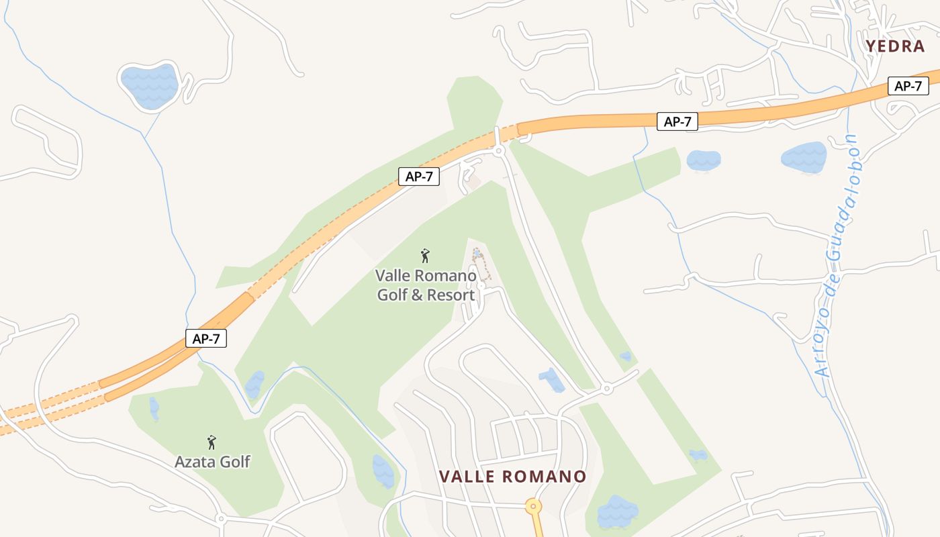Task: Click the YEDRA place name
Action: [895, 46]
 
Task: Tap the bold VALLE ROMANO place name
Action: [512, 477]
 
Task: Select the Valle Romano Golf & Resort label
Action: [426, 285]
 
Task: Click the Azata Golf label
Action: [212, 462]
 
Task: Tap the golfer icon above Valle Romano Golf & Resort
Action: [424, 256]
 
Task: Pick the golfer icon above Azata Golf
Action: [212, 442]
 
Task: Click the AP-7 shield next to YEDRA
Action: [908, 86]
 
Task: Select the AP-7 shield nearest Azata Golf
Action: [206, 339]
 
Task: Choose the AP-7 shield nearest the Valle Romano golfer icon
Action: [419, 177]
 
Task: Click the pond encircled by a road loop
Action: [149, 85]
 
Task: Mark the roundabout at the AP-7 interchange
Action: [498, 151]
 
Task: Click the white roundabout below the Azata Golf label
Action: [220, 518]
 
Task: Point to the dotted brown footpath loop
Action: [481, 264]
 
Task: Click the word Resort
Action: [450, 295]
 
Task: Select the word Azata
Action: [194, 462]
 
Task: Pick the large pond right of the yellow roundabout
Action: [617, 511]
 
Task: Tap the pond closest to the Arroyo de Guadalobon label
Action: [804, 157]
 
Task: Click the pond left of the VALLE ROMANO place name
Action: [383, 471]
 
